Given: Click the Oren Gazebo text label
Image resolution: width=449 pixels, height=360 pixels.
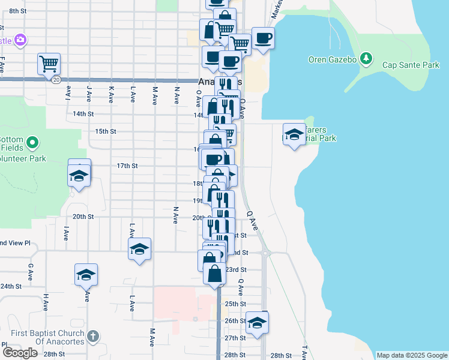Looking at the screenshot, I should (x=332, y=59).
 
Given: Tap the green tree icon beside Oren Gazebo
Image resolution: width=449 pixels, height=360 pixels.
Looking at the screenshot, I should (x=366, y=59).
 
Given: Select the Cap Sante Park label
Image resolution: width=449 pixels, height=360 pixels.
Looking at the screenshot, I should (x=411, y=65).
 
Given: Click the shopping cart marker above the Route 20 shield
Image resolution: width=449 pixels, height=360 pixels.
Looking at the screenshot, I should (x=49, y=63).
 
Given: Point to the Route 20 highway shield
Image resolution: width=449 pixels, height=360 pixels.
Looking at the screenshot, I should (x=56, y=80).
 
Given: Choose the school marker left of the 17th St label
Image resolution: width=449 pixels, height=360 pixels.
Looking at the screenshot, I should (x=79, y=175).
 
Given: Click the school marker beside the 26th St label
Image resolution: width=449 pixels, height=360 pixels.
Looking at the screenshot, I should (x=257, y=323).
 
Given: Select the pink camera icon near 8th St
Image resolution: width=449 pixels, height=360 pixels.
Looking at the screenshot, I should (x=20, y=40).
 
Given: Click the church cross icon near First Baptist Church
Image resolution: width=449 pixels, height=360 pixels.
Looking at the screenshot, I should (x=92, y=337).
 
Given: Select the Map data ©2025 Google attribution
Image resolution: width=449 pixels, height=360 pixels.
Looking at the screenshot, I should (x=412, y=355).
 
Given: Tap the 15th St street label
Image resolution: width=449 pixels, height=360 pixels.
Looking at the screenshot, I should (x=105, y=131).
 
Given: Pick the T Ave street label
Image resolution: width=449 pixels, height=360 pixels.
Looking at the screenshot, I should (x=304, y=352).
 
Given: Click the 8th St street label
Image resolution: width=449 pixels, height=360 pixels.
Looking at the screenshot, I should (x=18, y=11).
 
